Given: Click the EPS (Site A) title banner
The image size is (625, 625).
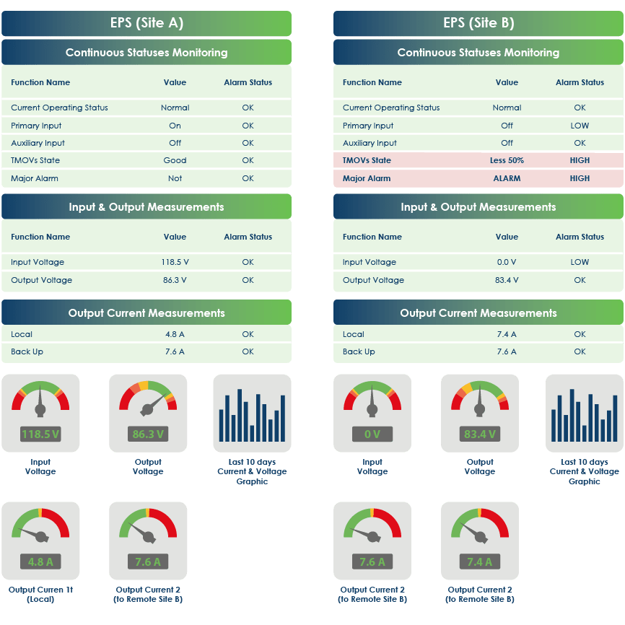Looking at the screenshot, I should click(147, 23).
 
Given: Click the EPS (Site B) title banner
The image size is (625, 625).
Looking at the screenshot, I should click(478, 23).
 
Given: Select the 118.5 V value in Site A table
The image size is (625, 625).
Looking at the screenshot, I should click(175, 262).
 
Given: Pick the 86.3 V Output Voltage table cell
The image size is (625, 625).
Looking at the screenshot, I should click(175, 280).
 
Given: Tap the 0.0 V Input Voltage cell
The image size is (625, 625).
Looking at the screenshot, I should click(507, 262).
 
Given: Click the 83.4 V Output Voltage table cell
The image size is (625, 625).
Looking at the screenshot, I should click(507, 280).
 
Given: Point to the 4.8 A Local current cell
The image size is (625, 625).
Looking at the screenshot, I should click(175, 334).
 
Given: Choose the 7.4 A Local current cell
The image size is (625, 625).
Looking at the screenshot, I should click(507, 334).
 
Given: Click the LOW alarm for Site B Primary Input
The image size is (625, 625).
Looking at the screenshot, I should click(580, 126).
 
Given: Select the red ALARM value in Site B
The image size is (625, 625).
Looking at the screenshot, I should click(507, 178).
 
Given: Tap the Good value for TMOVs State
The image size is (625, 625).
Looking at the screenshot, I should click(175, 160).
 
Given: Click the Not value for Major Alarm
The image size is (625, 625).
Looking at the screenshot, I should click(175, 178).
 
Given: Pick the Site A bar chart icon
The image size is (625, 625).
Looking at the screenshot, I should click(252, 414).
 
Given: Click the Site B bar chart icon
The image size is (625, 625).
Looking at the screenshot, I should click(584, 414).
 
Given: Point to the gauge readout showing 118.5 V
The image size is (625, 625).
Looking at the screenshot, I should click(40, 434).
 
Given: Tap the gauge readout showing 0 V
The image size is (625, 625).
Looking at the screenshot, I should click(372, 434).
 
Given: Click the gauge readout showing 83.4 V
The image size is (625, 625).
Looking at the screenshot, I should click(479, 434).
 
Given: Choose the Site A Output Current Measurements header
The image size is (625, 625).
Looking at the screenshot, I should click(147, 313).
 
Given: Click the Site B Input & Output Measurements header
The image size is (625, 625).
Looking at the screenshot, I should click(478, 207).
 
